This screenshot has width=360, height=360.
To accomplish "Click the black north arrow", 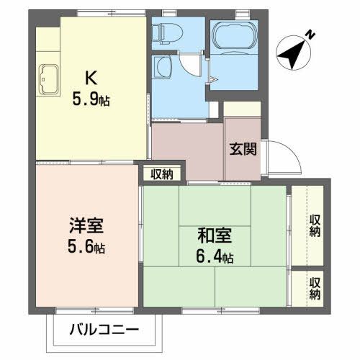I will pyautogui.click(x=292, y=50).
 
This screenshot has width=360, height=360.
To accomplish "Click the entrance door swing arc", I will pyautogui.click(x=282, y=155).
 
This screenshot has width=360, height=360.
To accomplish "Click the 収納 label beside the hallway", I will pyautogui.click(x=162, y=174).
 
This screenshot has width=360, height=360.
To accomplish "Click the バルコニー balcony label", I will pyautogui.click(x=104, y=332).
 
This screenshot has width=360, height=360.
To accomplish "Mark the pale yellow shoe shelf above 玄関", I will pyautogui.click(x=241, y=109).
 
